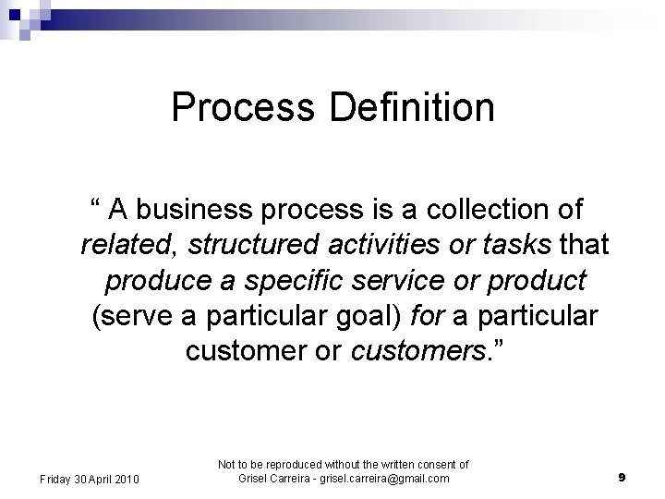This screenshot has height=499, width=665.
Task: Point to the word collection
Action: [484, 210]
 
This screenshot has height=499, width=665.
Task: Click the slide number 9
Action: [623, 478]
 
